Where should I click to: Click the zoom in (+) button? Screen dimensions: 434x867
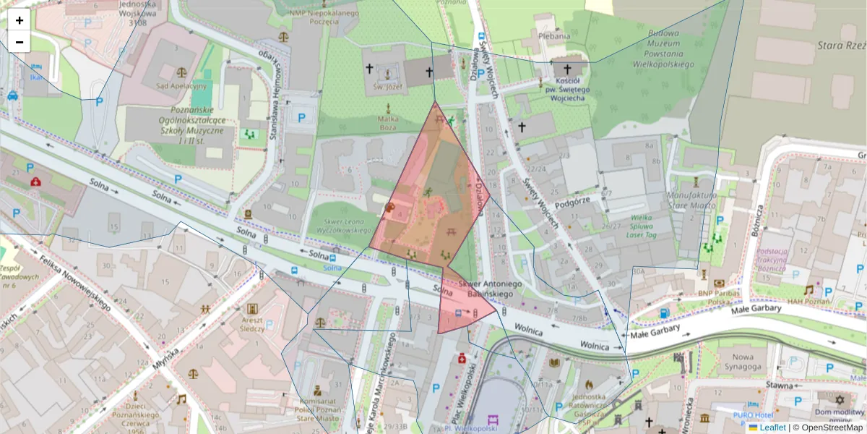pyautogui.click(x=20, y=20)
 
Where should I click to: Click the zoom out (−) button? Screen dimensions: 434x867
pyautogui.click(x=20, y=42)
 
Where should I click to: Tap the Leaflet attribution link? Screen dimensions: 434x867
pyautogui.click(x=772, y=427)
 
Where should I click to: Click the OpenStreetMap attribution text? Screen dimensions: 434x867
pyautogui.click(x=831, y=427)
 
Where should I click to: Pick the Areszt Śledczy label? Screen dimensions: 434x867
pyautogui.click(x=252, y=323)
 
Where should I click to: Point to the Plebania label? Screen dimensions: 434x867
pyautogui.click(x=554, y=34)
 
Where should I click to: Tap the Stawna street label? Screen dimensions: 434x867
pyautogui.click(x=780, y=386)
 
